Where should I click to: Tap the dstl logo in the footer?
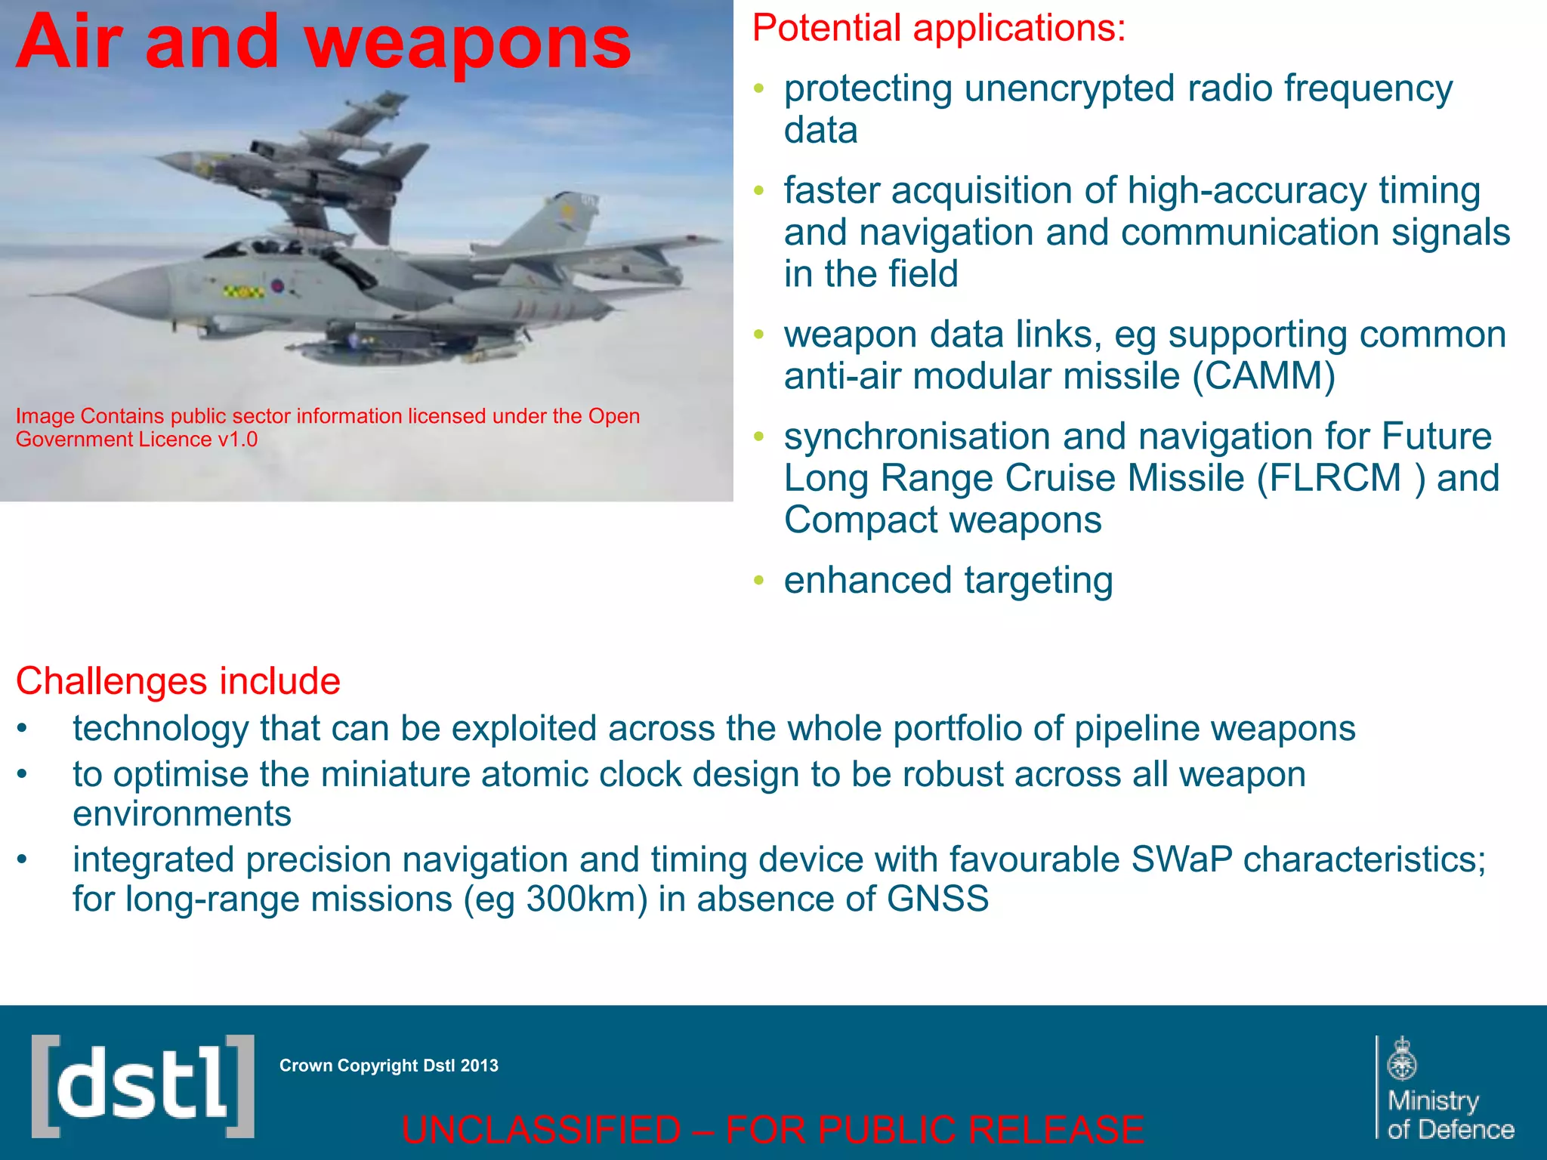143,1086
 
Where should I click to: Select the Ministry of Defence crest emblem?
1402,1060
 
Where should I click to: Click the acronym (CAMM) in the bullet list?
1264,376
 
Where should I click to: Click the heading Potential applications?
939,29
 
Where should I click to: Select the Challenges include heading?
178,681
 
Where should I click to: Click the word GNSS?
937,899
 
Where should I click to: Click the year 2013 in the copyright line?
480,1066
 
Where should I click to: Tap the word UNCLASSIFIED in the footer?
541,1130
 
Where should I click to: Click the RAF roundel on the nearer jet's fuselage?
277,286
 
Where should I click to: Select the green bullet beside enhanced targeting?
759,581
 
